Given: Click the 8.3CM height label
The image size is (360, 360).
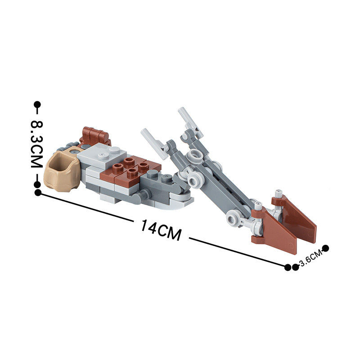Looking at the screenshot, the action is (x=37, y=144).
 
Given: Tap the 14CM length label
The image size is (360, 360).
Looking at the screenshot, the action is (x=161, y=229).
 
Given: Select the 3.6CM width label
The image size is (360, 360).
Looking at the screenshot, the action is (x=311, y=258).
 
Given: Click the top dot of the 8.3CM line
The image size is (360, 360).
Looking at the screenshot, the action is (x=37, y=105).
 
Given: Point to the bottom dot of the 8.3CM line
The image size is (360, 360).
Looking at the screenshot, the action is (x=37, y=184).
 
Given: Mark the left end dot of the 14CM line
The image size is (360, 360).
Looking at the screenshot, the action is (x=38, y=193).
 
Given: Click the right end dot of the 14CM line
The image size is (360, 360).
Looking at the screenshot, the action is (x=288, y=267).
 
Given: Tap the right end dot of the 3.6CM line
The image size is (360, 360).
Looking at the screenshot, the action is (x=325, y=248).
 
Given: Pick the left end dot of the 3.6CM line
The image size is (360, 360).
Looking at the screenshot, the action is (x=296, y=267).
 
